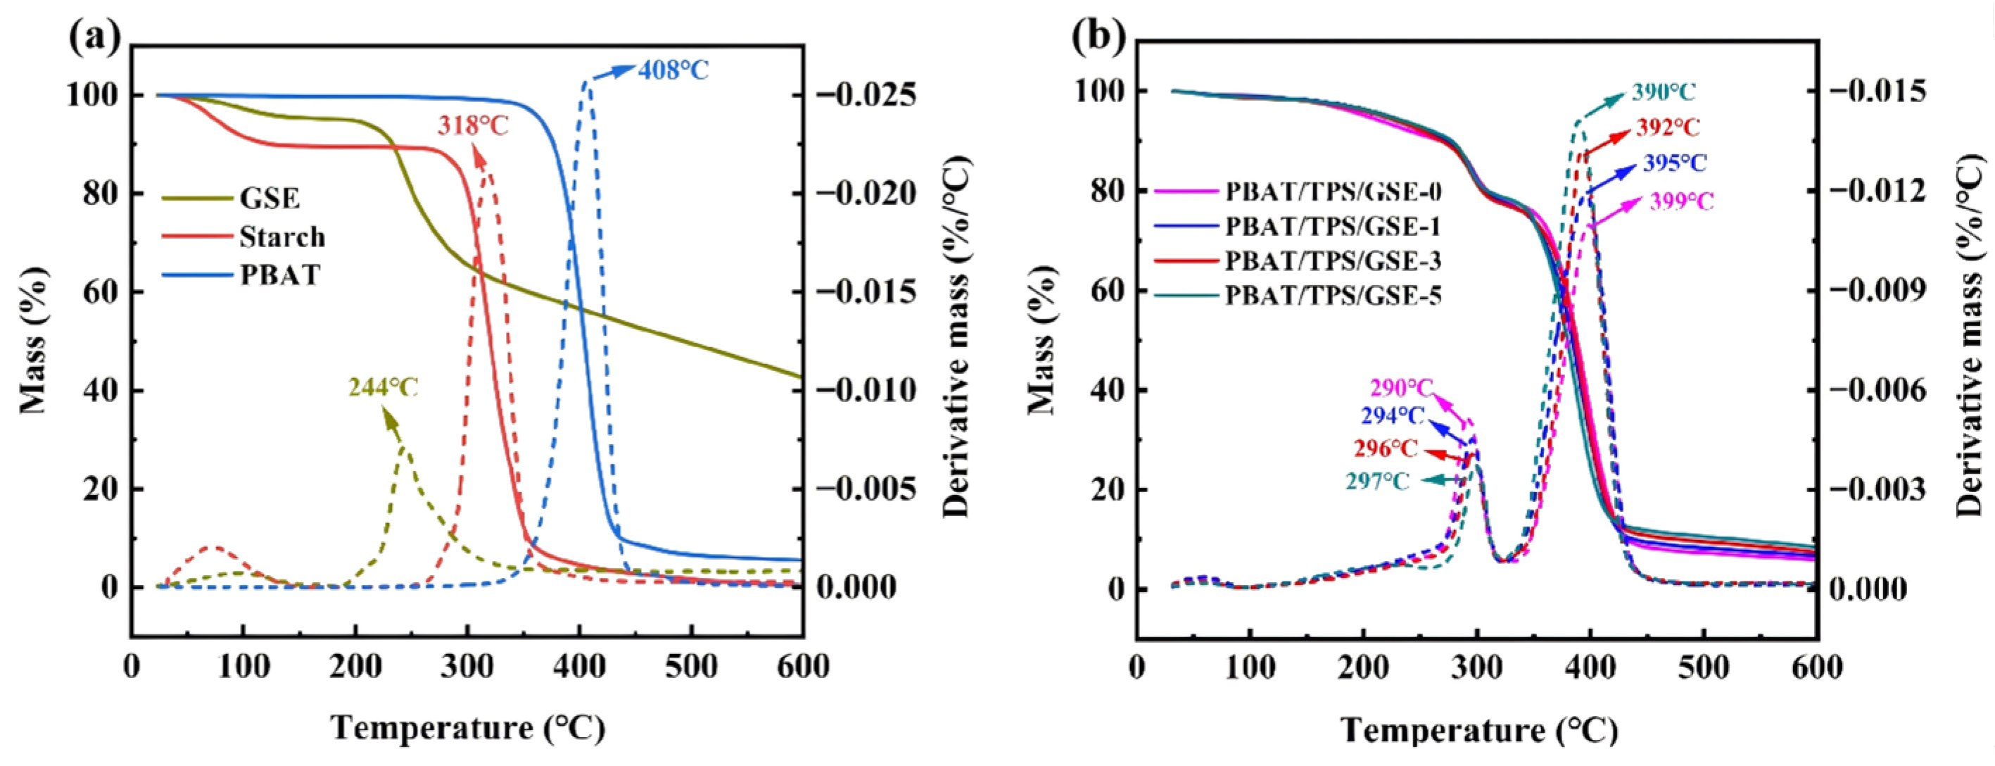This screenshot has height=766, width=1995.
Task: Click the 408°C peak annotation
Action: [673, 70]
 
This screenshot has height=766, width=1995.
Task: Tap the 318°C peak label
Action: [472, 126]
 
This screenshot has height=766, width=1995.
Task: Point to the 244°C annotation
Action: [384, 387]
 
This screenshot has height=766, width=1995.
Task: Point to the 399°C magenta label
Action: [1681, 202]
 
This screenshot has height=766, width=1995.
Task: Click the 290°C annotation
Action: [1402, 387]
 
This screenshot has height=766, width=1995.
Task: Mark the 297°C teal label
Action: [1377, 482]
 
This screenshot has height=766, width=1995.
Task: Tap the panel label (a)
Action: [94, 38]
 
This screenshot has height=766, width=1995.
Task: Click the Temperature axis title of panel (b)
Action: [1480, 730]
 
